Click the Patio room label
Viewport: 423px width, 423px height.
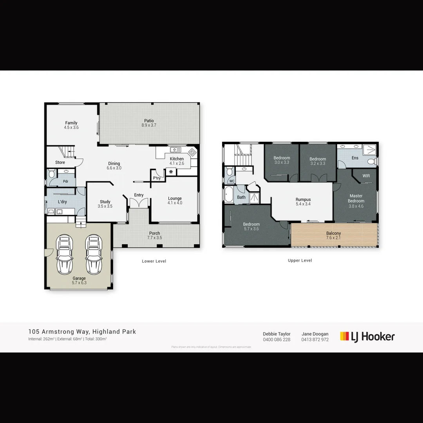(x=149, y=121)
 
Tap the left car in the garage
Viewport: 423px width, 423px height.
(x=65, y=255)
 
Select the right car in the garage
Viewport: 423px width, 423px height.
(x=93, y=255)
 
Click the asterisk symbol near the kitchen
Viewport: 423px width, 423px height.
(x=171, y=172)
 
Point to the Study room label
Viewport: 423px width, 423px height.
(x=105, y=202)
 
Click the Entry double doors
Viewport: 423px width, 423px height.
(x=139, y=203)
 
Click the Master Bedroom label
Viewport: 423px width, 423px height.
(x=356, y=198)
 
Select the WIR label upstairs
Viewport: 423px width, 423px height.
(x=366, y=176)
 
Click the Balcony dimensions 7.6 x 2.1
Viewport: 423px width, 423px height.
(x=334, y=238)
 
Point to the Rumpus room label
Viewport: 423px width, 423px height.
(x=303, y=200)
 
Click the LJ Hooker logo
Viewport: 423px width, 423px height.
(x=367, y=336)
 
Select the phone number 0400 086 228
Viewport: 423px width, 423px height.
(x=277, y=340)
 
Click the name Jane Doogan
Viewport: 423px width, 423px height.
(x=315, y=334)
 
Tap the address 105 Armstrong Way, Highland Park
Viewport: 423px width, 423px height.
(x=82, y=332)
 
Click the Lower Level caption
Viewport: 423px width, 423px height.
(x=154, y=261)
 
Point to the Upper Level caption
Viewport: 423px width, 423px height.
(x=300, y=260)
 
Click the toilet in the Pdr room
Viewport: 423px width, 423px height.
(x=52, y=174)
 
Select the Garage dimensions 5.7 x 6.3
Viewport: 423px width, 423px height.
(x=79, y=282)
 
